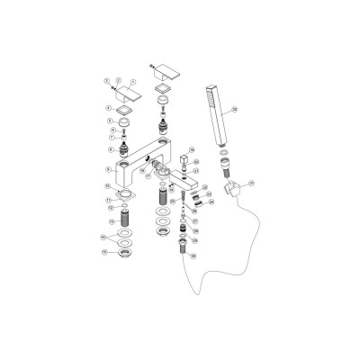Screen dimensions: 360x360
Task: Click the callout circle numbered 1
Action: [107, 79]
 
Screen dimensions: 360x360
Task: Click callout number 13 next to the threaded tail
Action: [108, 220]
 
